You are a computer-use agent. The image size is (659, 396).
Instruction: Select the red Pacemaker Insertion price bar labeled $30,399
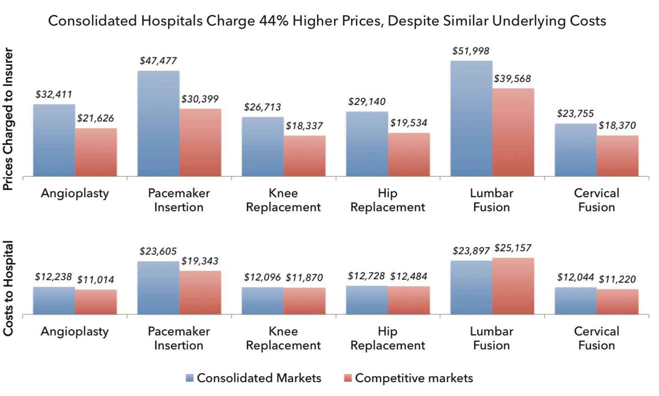coord(200,142)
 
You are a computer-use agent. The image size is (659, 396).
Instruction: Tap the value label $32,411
coord(53,94)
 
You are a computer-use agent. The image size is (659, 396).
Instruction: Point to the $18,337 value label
coord(304,126)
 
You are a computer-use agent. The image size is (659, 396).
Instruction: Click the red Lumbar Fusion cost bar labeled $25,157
coord(513,286)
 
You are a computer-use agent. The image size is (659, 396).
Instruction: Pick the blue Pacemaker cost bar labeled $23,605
coord(158,288)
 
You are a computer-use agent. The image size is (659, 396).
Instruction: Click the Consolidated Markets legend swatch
coord(189,378)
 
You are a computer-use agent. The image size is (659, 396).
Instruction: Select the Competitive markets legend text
coord(414,378)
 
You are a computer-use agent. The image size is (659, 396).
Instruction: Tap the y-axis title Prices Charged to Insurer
coord(9,119)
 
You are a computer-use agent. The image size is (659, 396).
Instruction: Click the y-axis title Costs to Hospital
coord(9,288)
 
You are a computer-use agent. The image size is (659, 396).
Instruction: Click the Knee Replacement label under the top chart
coord(283,200)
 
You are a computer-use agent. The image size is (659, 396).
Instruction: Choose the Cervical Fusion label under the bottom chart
coord(596,338)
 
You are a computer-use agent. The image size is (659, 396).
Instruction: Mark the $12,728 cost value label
coord(366,276)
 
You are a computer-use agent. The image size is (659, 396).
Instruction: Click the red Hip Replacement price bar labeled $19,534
coord(409,154)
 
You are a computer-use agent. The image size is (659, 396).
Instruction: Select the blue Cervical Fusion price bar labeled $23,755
coord(576,150)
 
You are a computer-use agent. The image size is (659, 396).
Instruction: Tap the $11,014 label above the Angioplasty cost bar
coord(96,280)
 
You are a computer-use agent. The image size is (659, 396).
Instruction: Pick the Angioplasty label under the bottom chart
coord(75,332)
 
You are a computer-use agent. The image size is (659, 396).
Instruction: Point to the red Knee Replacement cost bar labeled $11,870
coord(304,301)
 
